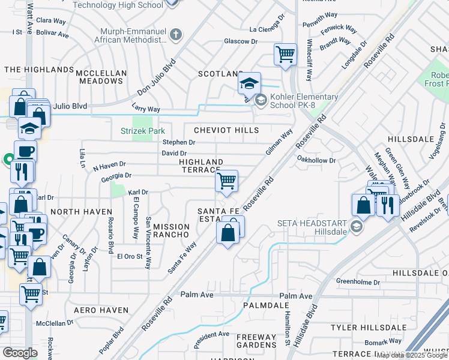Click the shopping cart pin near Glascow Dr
285,55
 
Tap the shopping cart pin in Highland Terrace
226,181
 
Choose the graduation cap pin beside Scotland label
249,83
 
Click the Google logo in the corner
20,353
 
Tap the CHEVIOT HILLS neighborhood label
226,130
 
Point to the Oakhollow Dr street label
317,160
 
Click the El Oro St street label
128,256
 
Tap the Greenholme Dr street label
358,281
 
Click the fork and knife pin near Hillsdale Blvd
387,206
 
